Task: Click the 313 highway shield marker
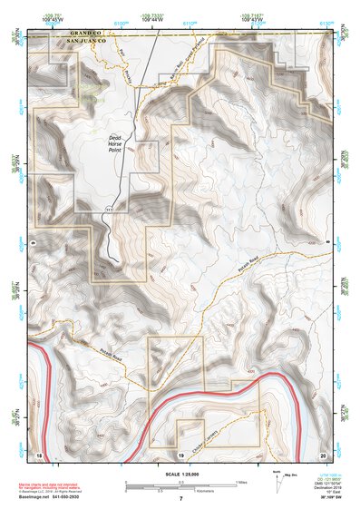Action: (x=108, y=210)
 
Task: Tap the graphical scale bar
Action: (x=180, y=482)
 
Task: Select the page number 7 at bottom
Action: (x=180, y=499)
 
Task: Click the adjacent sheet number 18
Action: (x=39, y=453)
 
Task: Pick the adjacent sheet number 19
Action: (x=181, y=453)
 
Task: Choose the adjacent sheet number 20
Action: (x=322, y=453)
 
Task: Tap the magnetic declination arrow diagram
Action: (x=277, y=478)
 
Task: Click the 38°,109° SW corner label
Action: (x=319, y=499)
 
